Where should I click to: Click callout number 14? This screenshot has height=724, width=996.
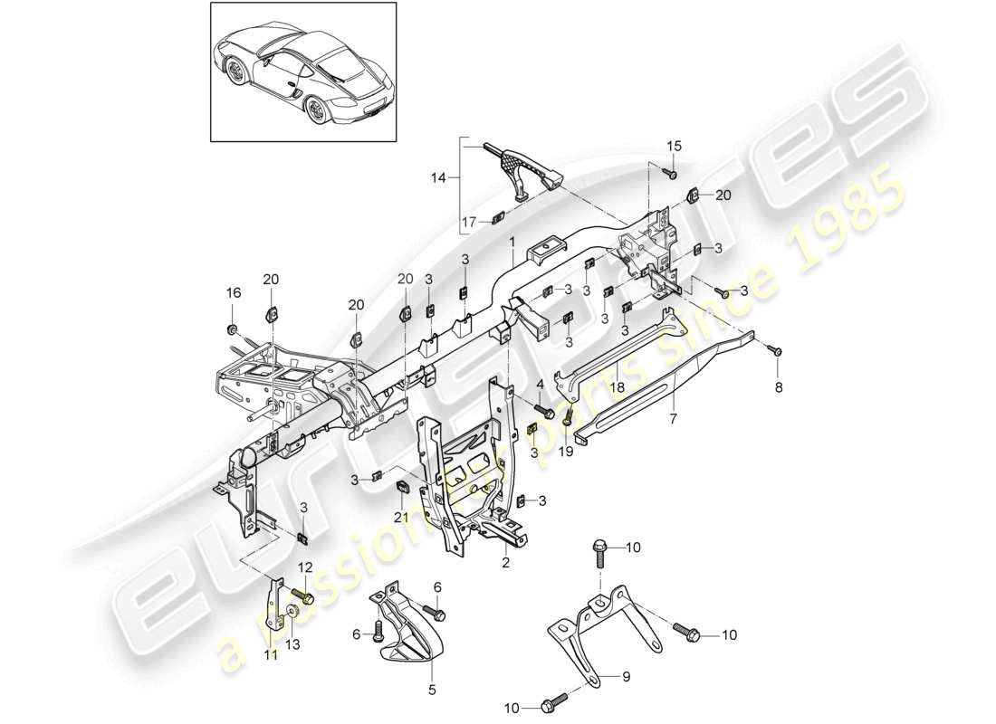(x=439, y=178)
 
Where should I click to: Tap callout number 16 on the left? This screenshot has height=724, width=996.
(x=233, y=292)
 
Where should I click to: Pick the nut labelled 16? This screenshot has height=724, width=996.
(x=232, y=326)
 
